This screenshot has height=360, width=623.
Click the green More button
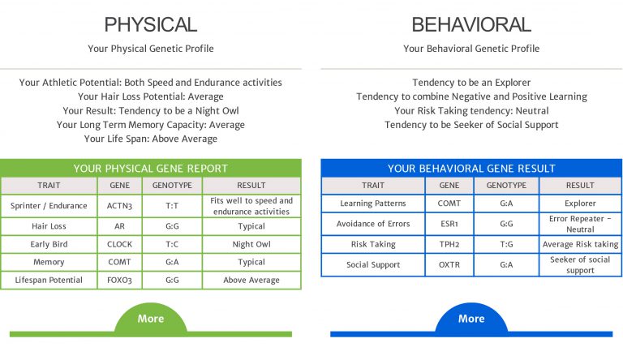[x=151, y=319]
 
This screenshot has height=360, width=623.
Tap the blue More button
[x=471, y=319]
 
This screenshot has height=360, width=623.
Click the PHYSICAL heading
[x=151, y=24]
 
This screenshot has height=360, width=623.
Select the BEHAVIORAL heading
[x=471, y=24]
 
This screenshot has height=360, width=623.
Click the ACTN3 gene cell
[x=119, y=206]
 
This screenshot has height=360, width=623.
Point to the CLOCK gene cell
[x=119, y=244]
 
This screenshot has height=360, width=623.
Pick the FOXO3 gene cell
[x=119, y=280]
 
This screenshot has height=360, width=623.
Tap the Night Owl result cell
[x=251, y=244]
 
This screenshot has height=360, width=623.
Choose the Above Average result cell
[x=251, y=280]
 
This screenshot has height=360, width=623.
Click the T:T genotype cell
[x=172, y=206]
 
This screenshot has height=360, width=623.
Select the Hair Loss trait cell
[x=49, y=226]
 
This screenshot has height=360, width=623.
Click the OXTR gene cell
[x=449, y=264]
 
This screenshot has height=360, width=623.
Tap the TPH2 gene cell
[x=449, y=244]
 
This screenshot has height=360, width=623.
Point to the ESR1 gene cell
[x=449, y=224]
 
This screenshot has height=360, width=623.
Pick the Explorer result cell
[x=580, y=204]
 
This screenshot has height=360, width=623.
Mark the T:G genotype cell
[x=506, y=244]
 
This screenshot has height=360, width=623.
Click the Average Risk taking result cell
[x=580, y=244]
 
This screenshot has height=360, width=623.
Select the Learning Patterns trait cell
[x=373, y=204]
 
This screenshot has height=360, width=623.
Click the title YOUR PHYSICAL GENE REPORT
[x=151, y=169]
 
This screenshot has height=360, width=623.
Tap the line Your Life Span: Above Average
[x=151, y=139]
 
